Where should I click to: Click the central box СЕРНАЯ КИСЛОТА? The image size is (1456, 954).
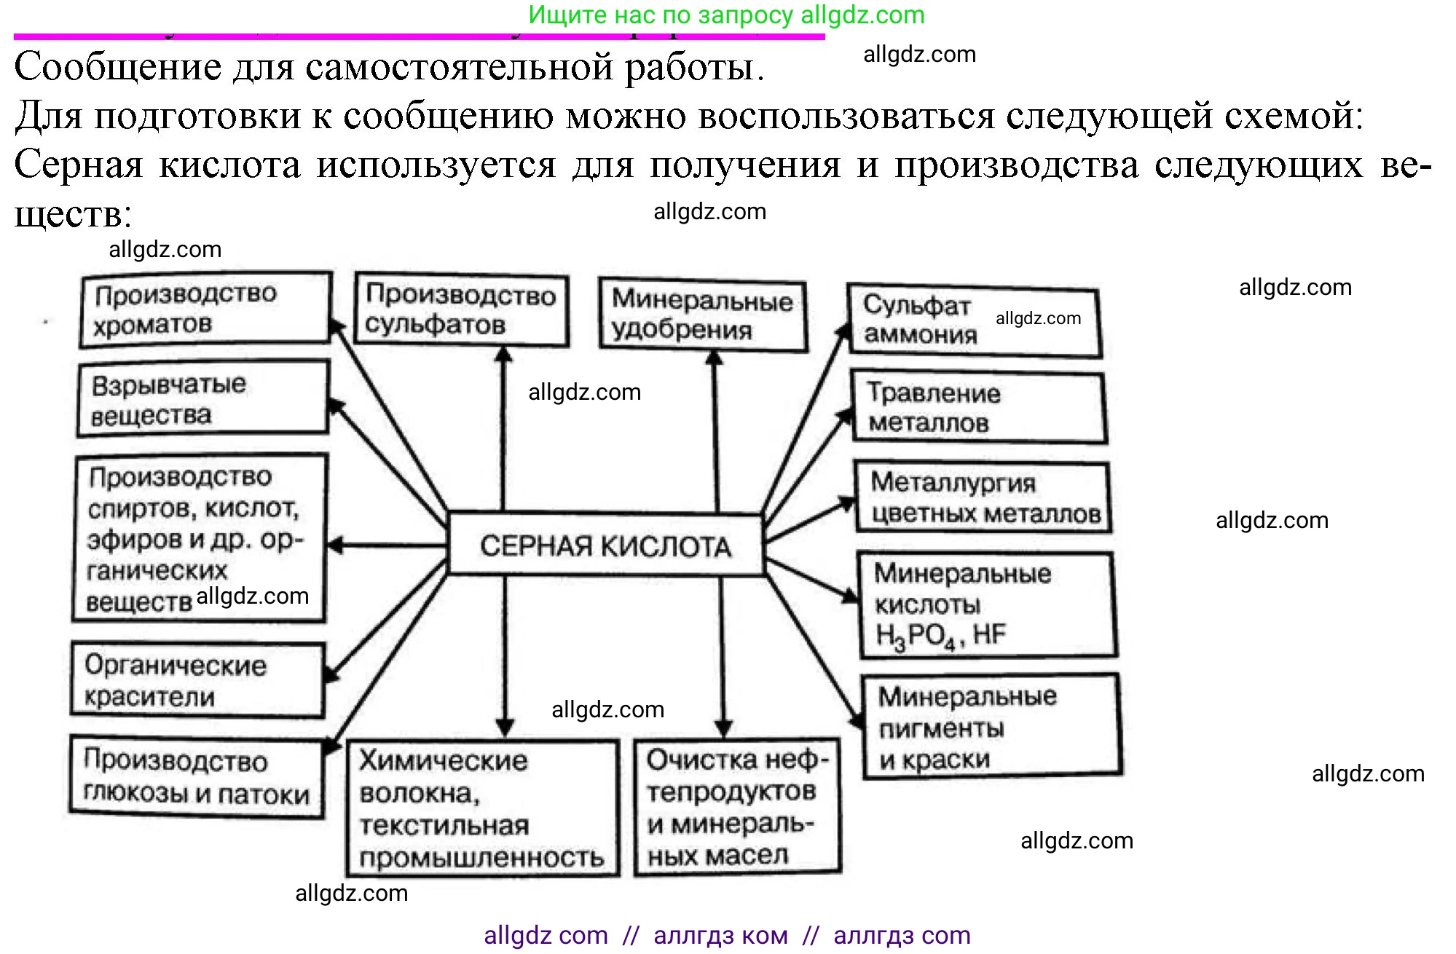pos(605,545)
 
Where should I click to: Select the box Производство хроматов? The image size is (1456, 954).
pos(205,309)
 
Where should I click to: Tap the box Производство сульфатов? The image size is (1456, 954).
pos(461,310)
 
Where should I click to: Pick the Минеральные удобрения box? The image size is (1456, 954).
pos(702,315)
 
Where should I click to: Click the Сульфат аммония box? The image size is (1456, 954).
pos(974,320)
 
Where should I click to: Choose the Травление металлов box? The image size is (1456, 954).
pos(978,408)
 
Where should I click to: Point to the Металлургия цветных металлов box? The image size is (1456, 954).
pos(983,497)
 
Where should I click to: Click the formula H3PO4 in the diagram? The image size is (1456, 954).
pos(915,636)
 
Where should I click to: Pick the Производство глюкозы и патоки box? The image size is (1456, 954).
pos(197,777)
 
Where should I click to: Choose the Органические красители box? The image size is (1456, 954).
pos(197,680)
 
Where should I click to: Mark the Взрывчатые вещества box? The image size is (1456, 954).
pos(202,399)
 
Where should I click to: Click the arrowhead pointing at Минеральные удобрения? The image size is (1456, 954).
pos(715,358)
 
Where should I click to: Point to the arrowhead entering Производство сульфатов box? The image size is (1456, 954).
pos(503,354)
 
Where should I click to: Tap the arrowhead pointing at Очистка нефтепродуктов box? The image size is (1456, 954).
pos(723,728)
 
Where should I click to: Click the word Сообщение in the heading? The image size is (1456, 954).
pos(117,67)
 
